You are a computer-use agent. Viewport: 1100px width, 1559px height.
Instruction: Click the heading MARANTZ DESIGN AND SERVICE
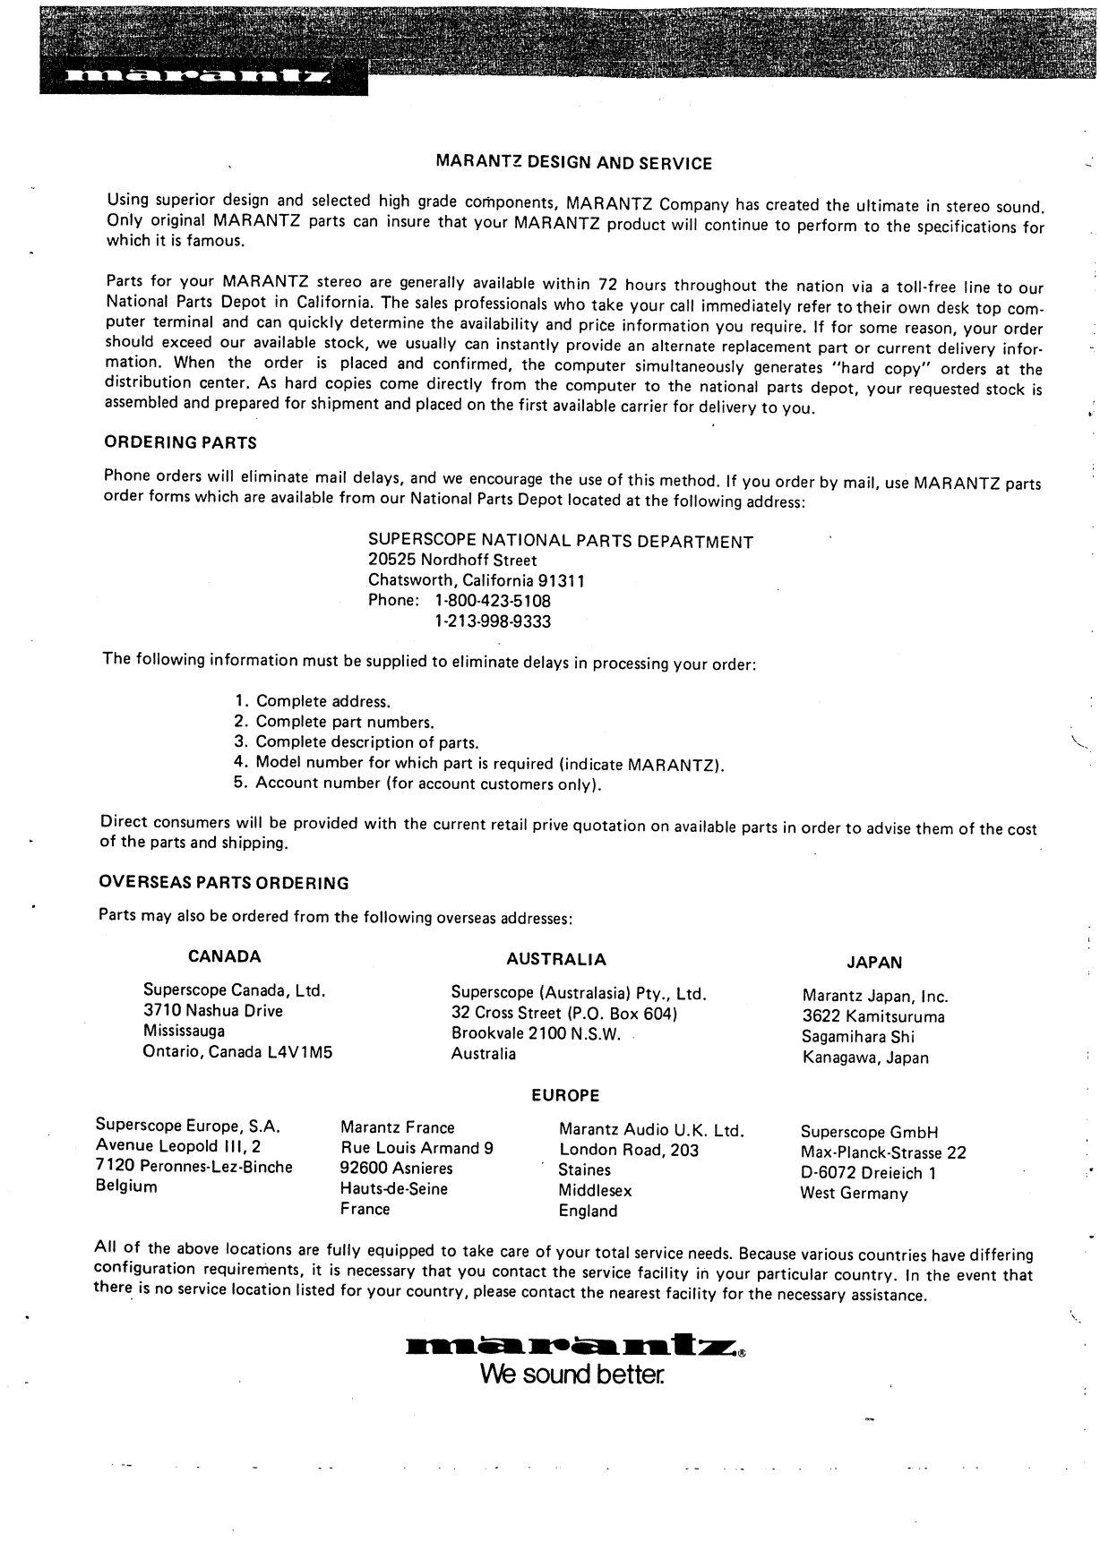coord(573,163)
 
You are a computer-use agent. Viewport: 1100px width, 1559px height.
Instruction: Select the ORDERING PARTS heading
coord(181,442)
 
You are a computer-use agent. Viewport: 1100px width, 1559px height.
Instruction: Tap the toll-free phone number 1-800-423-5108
coord(493,601)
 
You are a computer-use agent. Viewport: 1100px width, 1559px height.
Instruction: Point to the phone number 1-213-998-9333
coord(493,621)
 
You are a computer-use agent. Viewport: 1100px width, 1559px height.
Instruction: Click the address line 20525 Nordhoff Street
coord(452,561)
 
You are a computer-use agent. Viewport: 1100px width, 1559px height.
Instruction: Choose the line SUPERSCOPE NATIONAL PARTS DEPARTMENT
coord(561,541)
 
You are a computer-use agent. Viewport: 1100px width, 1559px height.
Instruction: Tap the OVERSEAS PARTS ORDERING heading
coord(224,883)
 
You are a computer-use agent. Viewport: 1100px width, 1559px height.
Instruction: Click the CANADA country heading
coord(225,956)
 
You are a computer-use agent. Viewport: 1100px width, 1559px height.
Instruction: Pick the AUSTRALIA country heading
coord(556,959)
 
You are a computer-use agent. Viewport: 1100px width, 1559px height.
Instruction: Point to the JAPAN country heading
coord(874,963)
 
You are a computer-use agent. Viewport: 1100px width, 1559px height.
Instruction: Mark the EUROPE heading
coord(565,1095)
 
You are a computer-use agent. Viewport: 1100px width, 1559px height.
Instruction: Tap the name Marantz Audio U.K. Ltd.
coord(652,1130)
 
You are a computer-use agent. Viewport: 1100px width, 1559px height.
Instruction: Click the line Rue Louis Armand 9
coord(417,1148)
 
